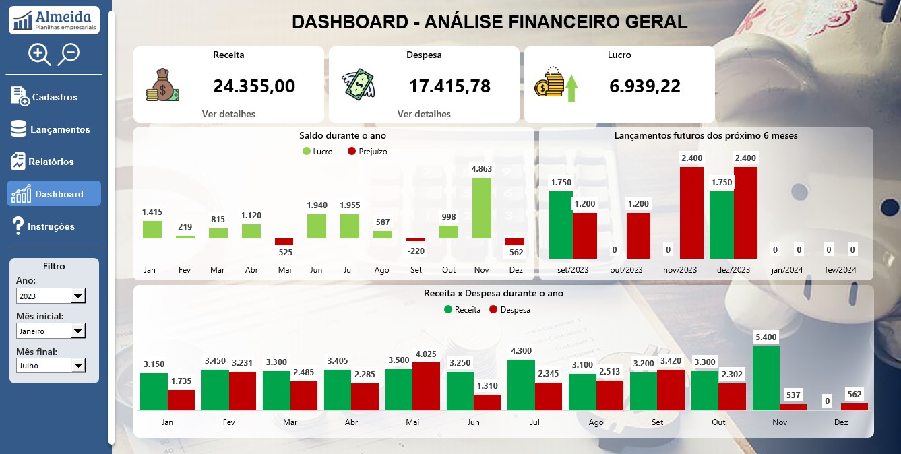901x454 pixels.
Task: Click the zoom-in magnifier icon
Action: coord(39,55)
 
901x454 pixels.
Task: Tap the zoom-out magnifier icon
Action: coord(69,54)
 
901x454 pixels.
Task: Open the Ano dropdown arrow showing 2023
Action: coord(78,296)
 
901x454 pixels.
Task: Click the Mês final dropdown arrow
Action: coord(78,366)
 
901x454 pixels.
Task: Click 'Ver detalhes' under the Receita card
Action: coord(228,114)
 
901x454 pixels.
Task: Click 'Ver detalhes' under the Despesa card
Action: coord(424,114)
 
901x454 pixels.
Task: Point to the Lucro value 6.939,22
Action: coord(645,86)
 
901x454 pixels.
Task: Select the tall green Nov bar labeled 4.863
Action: coord(481,208)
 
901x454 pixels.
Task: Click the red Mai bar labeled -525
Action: coord(284,241)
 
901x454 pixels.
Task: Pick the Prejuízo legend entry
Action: coord(367,152)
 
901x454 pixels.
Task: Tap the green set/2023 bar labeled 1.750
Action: coord(561,224)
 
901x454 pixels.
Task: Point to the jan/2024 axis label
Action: coord(787,269)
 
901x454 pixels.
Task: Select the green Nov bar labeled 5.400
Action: coord(766,378)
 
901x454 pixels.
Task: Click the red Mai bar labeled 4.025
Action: coord(427,386)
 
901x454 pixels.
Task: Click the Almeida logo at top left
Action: coord(54,20)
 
